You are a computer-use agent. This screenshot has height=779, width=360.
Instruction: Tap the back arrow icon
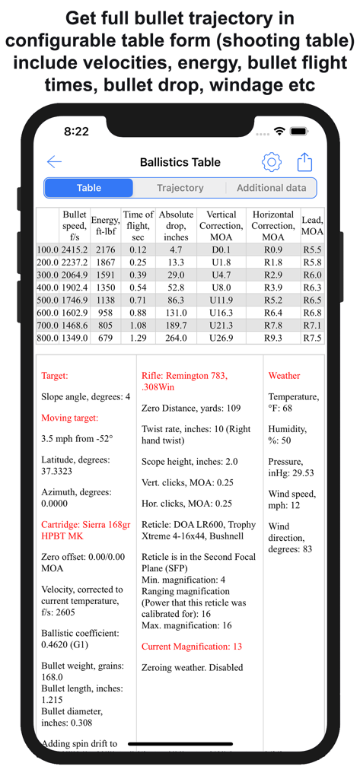point(54,162)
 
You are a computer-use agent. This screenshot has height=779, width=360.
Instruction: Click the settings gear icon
point(272,162)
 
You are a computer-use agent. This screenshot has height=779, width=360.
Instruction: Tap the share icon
point(304,162)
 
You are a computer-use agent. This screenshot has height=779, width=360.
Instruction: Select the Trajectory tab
point(180,188)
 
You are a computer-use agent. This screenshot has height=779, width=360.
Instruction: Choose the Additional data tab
point(272,188)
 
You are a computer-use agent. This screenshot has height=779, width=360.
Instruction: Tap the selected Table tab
point(89,188)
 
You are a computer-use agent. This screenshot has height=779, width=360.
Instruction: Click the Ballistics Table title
point(180,162)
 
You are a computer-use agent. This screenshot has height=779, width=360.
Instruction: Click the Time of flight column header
point(138,226)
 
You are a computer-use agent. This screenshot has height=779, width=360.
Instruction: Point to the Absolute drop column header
point(176,226)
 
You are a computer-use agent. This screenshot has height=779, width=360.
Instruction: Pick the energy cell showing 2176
point(105,250)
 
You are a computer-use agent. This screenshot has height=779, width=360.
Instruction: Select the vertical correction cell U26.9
point(221,338)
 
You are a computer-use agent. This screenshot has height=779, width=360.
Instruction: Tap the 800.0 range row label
point(48,338)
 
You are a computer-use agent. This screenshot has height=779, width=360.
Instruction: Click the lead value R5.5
point(312,250)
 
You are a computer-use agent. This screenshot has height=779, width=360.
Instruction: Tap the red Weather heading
point(284,376)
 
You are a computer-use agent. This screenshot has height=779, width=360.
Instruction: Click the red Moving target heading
point(70,418)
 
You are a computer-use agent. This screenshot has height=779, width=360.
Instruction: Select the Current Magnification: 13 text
point(192,646)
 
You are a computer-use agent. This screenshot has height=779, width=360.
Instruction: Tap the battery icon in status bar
point(304,132)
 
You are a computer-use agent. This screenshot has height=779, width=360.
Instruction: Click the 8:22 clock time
point(76,132)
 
